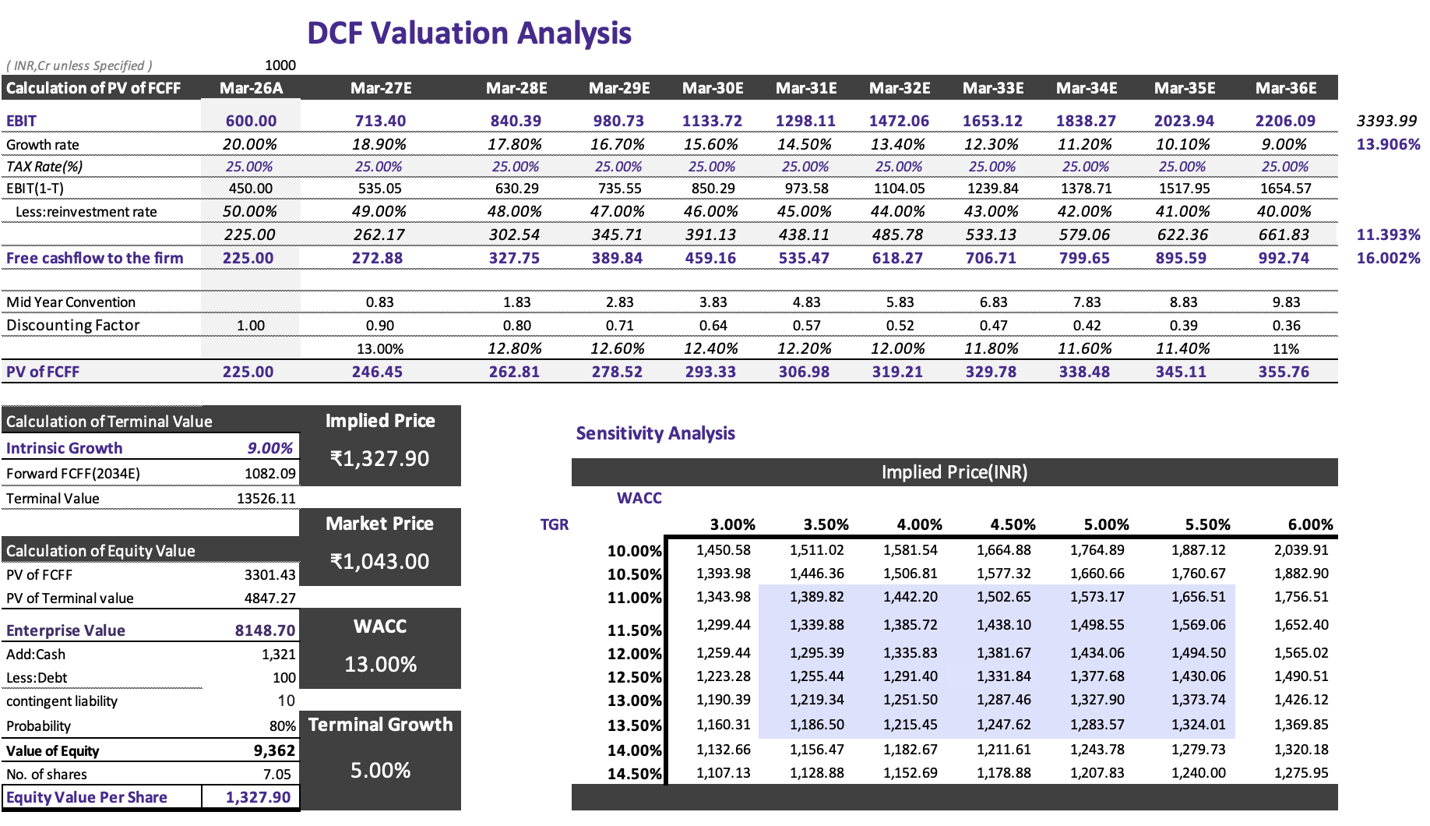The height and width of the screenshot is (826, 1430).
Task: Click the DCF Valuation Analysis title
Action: (x=469, y=34)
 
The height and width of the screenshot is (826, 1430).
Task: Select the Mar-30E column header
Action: (x=713, y=88)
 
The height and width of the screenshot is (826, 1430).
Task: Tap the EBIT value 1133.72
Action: (x=712, y=121)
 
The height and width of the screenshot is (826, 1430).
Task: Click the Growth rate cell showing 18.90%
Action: (x=379, y=144)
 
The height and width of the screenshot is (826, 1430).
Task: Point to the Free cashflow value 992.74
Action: (x=1284, y=258)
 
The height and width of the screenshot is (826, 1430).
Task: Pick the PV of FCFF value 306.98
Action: (x=804, y=372)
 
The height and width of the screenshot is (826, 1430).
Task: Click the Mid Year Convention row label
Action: (x=71, y=302)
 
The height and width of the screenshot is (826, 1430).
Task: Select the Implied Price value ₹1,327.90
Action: (x=379, y=458)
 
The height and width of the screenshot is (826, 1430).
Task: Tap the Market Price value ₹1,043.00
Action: (x=379, y=561)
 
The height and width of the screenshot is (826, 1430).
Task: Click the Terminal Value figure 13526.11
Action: (x=266, y=498)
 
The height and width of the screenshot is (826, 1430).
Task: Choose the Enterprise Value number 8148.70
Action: (x=265, y=630)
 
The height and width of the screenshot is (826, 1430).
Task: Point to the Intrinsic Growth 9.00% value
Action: (x=269, y=448)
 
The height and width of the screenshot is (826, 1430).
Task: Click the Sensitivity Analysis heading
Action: (x=655, y=433)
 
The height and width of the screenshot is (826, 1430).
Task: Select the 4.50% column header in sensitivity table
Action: (x=1013, y=524)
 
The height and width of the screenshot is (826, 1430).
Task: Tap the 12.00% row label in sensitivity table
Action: (x=634, y=654)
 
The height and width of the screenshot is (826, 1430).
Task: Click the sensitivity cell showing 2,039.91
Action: (x=1301, y=549)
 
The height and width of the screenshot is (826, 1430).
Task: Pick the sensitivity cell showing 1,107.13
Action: (x=723, y=772)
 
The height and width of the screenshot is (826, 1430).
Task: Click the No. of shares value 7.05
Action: (x=276, y=774)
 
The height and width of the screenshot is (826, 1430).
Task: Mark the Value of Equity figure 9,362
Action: (x=274, y=750)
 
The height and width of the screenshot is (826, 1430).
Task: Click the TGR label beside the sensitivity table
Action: (x=554, y=524)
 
